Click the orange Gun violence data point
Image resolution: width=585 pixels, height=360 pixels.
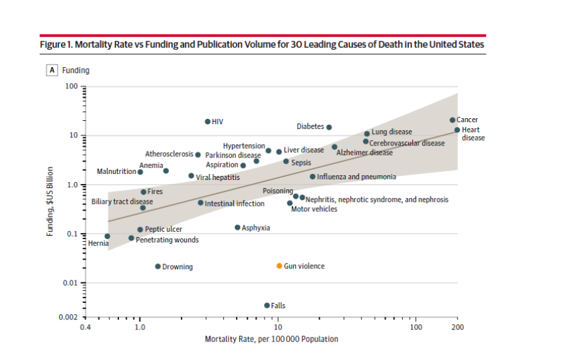(280, 266)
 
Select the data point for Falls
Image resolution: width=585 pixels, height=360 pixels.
(267, 306)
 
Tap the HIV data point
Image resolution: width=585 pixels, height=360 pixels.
(207, 122)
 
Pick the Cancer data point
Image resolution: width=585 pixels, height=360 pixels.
(453, 120)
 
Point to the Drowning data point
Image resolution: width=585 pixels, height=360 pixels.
(158, 266)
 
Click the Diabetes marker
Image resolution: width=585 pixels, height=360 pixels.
(329, 127)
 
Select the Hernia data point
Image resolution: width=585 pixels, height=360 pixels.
(108, 236)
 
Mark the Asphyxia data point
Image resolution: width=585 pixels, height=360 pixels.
(237, 227)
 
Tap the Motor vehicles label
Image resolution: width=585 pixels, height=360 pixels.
(314, 209)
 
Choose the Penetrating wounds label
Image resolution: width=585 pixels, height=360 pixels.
(167, 240)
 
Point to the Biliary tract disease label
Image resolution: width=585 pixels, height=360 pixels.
(122, 201)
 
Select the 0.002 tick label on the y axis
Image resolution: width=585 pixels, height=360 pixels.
(68, 317)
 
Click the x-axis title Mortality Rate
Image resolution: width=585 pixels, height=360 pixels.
(271, 339)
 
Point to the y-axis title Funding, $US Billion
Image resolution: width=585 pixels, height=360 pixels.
(50, 201)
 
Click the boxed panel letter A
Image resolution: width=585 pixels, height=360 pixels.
(51, 70)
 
